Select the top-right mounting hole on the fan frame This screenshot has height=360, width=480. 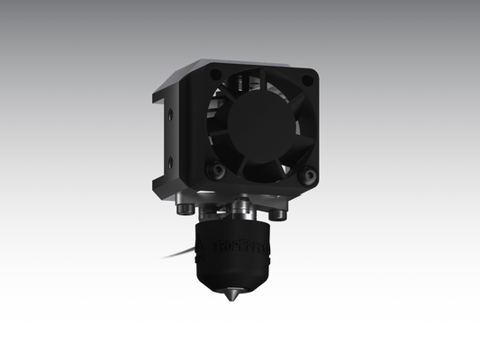[307, 81]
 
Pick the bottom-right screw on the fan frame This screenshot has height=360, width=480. [309, 175]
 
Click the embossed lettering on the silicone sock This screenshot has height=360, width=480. [253, 245]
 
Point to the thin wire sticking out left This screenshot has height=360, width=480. [177, 256]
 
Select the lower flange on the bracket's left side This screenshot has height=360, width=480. [159, 184]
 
